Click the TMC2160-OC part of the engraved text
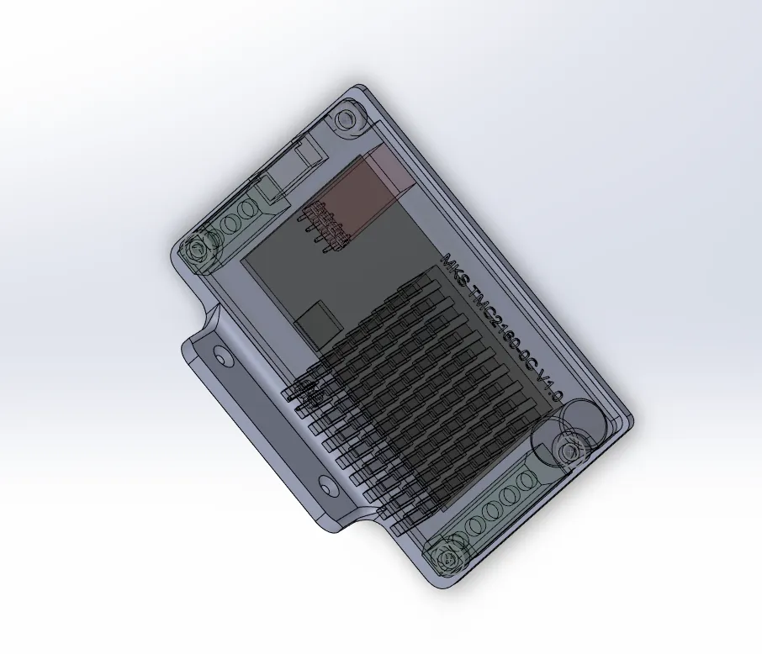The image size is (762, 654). coord(496,330)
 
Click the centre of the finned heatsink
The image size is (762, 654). coord(421,395)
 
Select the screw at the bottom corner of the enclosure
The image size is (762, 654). coord(447,557)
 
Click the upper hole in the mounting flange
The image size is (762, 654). coord(221,356)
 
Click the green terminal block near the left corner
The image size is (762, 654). coord(236,223)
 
